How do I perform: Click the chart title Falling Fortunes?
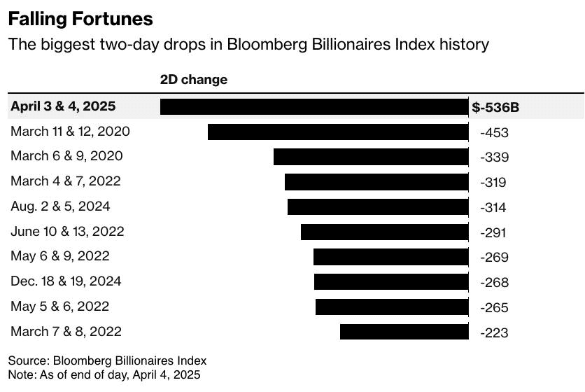point(80,18)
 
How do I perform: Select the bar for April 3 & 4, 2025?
point(314,106)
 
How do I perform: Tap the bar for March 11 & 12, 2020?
point(338,132)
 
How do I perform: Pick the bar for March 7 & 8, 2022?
point(404,332)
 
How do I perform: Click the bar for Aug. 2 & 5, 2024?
point(378,206)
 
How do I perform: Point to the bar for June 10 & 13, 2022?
point(384,232)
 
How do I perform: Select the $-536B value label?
point(495,107)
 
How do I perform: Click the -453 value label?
point(494,132)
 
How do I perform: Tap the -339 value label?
point(494,157)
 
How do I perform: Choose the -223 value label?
point(494,332)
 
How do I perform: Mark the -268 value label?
point(494,282)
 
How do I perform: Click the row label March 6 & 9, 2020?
point(66,156)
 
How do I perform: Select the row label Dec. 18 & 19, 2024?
point(66,281)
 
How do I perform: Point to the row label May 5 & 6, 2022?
point(60,307)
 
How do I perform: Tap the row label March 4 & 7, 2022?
point(66,181)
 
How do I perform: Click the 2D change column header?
point(194,80)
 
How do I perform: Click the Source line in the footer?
point(108,360)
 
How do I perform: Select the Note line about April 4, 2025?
point(104,374)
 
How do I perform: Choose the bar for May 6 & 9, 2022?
point(390,257)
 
